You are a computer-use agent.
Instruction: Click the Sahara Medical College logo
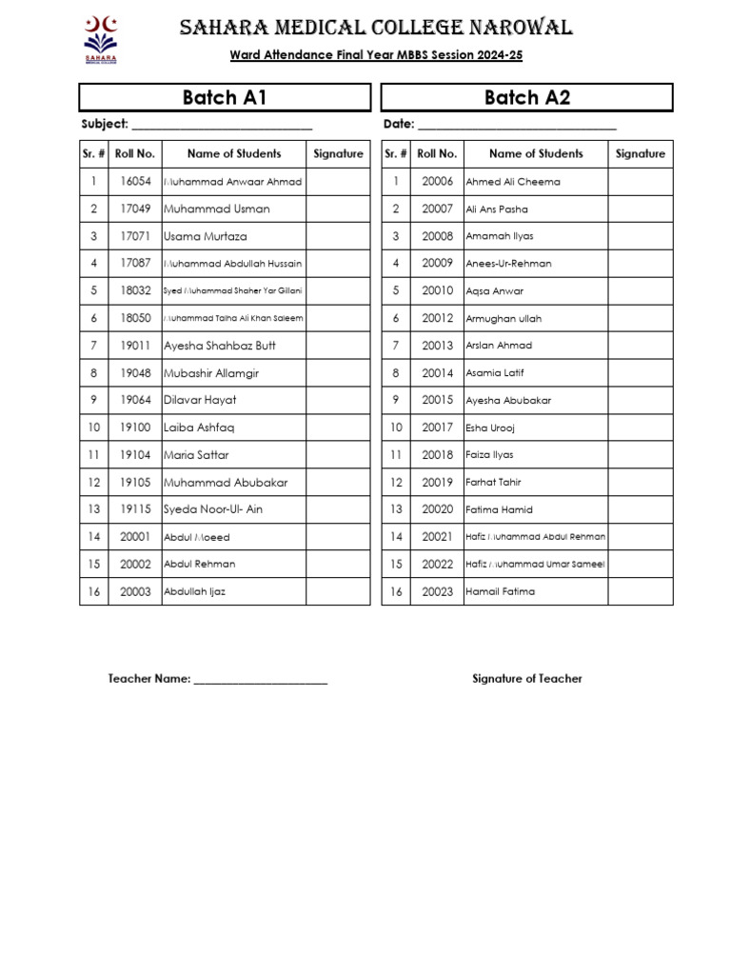[101, 40]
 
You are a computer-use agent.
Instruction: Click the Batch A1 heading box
[225, 97]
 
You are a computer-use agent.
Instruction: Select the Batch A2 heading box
[526, 97]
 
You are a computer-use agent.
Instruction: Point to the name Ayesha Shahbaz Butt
[220, 346]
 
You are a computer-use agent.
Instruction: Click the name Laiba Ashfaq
[199, 428]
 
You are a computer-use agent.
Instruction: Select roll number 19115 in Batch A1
[135, 509]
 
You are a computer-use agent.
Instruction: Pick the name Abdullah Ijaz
[194, 591]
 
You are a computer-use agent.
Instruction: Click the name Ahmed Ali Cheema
[512, 182]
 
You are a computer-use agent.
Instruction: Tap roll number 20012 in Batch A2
[438, 318]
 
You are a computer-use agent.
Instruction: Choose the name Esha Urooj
[489, 428]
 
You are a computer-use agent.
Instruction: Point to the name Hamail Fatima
[500, 591]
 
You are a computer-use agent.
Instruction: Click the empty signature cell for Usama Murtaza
[338, 236]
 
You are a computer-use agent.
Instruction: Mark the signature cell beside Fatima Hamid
[640, 509]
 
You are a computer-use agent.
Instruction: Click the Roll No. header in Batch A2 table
[437, 153]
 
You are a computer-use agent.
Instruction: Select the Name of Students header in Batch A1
[234, 153]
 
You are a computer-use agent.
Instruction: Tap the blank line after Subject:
[222, 126]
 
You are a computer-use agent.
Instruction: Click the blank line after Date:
[517, 126]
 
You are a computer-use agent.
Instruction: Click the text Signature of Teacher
[526, 679]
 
